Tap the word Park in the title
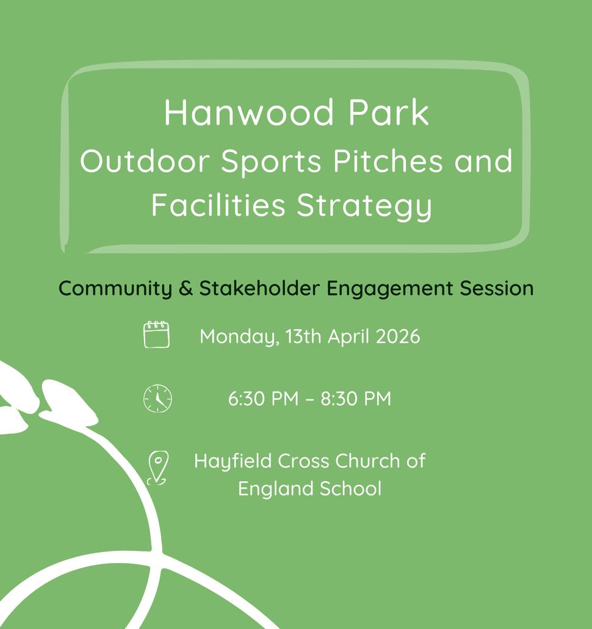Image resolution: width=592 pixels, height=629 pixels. coord(389,113)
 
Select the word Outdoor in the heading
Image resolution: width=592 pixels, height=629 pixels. coord(145,161)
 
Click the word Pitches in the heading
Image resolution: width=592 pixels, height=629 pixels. coord(388,161)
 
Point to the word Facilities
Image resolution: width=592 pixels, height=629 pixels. coord(218,205)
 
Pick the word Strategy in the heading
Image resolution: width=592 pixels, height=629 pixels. coord(364,206)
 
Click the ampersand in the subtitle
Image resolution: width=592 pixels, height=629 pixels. coord(186,288)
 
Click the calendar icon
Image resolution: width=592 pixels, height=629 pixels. coord(156,334)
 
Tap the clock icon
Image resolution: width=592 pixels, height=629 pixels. coord(157,399)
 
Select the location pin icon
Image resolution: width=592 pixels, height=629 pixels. coord(157,468)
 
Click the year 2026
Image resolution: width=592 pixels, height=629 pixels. coord(398,336)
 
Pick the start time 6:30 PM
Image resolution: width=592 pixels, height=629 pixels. coord(263,399)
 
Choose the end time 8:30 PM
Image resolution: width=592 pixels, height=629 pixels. coord(356,399)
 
